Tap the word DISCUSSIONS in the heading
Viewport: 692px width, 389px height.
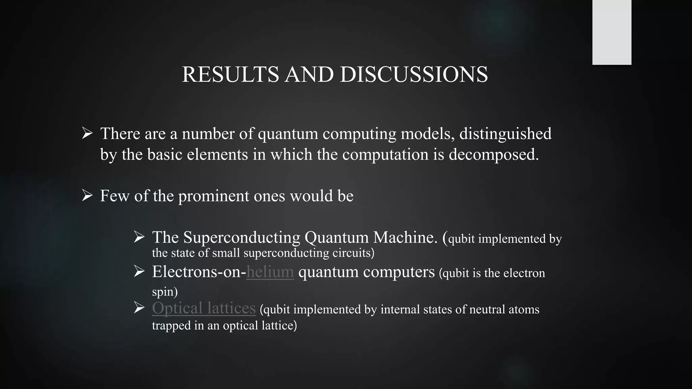[x=414, y=74]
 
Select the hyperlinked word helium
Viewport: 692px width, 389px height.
[x=270, y=272]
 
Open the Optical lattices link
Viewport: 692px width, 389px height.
[x=204, y=308]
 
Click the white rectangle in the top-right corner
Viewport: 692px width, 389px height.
[x=612, y=32]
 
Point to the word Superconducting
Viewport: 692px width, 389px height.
[x=241, y=237]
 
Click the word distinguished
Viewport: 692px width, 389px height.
[x=505, y=134]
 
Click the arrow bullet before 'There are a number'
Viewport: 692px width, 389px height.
[x=87, y=133]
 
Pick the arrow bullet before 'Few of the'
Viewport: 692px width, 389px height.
[x=87, y=195]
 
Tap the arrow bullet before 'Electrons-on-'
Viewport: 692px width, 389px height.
[x=139, y=271]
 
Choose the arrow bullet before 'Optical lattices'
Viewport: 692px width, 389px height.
[x=139, y=307]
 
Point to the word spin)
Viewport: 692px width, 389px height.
[x=165, y=292]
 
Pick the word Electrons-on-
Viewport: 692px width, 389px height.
[x=199, y=272]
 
